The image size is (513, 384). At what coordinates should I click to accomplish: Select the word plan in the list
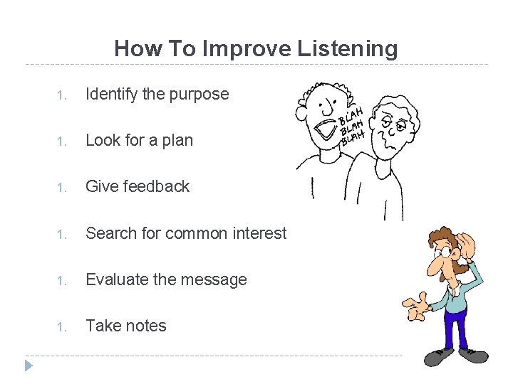click(x=178, y=141)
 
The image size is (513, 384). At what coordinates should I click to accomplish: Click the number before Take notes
click(x=62, y=327)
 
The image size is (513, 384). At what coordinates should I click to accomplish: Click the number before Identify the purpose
click(x=62, y=95)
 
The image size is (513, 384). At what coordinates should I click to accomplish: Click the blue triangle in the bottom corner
click(x=28, y=366)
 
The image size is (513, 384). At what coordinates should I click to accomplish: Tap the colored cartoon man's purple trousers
click(x=454, y=324)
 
